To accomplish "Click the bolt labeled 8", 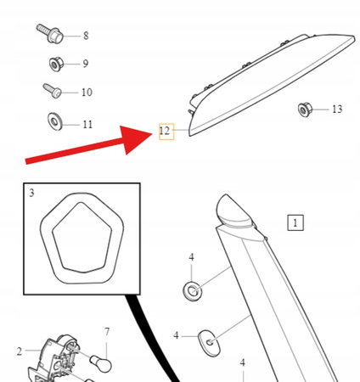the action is pyautogui.click(x=50, y=33).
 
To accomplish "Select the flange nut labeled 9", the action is pyautogui.click(x=56, y=65).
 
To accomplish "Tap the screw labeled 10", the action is pyautogui.click(x=53, y=91).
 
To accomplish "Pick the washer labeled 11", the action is pyautogui.click(x=54, y=121).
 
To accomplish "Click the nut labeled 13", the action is pyautogui.click(x=305, y=110).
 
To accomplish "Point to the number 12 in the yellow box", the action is pyautogui.click(x=165, y=131).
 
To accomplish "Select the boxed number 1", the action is pyautogui.click(x=295, y=222).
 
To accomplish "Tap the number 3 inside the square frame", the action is pyautogui.click(x=31, y=193).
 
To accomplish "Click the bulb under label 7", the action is pyautogui.click(x=101, y=364).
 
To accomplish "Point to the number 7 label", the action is pyautogui.click(x=107, y=332).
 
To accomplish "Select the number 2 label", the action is pyautogui.click(x=20, y=351).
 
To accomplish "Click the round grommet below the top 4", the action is pyautogui.click(x=193, y=291).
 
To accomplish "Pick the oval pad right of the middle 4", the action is pyautogui.click(x=209, y=343).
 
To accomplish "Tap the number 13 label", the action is pyautogui.click(x=337, y=109).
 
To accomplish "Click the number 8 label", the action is pyautogui.click(x=86, y=36).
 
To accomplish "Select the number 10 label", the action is pyautogui.click(x=87, y=93).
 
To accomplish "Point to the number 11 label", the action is pyautogui.click(x=87, y=125).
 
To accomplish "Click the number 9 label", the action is pyautogui.click(x=86, y=64).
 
